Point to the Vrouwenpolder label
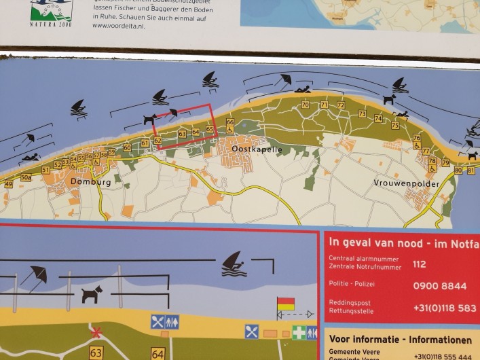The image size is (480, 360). pos(406,183)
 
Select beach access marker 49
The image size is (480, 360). pos(8,184)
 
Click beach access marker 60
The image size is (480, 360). pos(127,147)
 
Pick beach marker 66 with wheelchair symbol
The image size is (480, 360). pos(230,122)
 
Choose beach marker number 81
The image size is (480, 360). pos(470,170)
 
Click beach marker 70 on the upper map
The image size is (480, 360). pos(305,105)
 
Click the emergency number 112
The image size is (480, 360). pos(420,265)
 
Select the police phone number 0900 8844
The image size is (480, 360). pos(439,286)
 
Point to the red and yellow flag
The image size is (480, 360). pos(286,304)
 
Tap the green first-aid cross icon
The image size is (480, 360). pos(299,333)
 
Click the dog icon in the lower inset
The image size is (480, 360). pos(92,294)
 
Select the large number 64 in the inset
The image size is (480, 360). pos(158,354)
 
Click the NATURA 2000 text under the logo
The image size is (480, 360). pos(50,24)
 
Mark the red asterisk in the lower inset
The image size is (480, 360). pos(97,333)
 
